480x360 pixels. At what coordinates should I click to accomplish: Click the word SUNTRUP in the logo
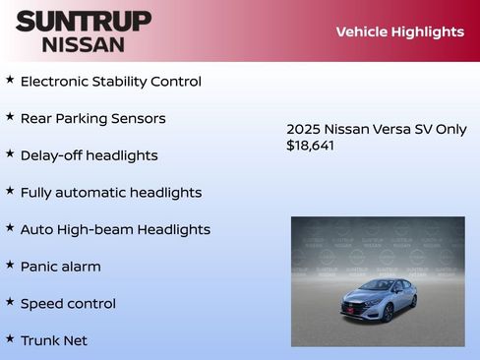tap(84, 20)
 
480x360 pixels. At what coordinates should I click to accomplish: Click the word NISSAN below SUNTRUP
tap(84, 44)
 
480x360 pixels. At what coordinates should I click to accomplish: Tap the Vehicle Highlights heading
tap(399, 31)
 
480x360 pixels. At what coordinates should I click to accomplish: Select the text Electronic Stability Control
tap(110, 82)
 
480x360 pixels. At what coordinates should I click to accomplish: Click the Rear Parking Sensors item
tap(92, 119)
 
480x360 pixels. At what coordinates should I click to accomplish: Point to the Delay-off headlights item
tap(89, 155)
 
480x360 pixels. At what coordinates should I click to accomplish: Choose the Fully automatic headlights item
tap(110, 193)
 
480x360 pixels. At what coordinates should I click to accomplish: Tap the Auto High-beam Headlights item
tap(115, 229)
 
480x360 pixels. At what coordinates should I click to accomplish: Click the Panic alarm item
tap(60, 267)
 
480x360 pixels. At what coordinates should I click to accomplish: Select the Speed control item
tap(68, 304)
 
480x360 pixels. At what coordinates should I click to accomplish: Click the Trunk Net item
tap(54, 340)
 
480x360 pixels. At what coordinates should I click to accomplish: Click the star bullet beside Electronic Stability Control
tap(10, 80)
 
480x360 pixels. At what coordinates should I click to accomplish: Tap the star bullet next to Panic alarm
tap(10, 265)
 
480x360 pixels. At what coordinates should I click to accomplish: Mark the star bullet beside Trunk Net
tap(10, 338)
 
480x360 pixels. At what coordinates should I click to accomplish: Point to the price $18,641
tap(310, 146)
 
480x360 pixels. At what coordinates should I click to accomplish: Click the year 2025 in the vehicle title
tap(303, 129)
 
